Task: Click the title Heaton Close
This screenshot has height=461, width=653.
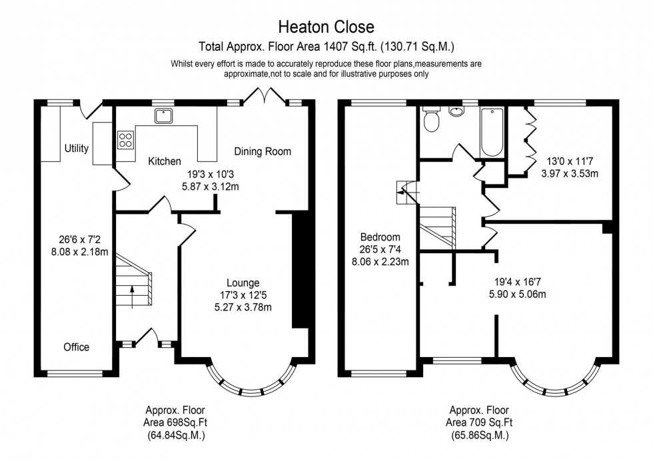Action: tap(326, 27)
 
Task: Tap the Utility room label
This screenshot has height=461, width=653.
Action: tap(77, 148)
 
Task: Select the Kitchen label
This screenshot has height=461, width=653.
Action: tap(164, 161)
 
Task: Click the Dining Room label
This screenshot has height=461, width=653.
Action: tap(263, 151)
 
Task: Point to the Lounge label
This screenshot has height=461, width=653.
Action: tap(243, 282)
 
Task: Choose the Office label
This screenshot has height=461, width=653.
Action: tap(76, 347)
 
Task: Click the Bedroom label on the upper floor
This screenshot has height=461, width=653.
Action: tap(380, 237)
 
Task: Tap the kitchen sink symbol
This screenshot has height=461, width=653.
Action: tap(164, 117)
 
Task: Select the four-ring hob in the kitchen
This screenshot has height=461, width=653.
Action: tap(125, 140)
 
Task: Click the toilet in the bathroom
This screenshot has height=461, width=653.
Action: tap(431, 121)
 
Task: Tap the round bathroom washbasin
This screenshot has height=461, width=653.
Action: tap(457, 111)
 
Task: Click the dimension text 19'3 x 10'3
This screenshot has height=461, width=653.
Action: tap(213, 175)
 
